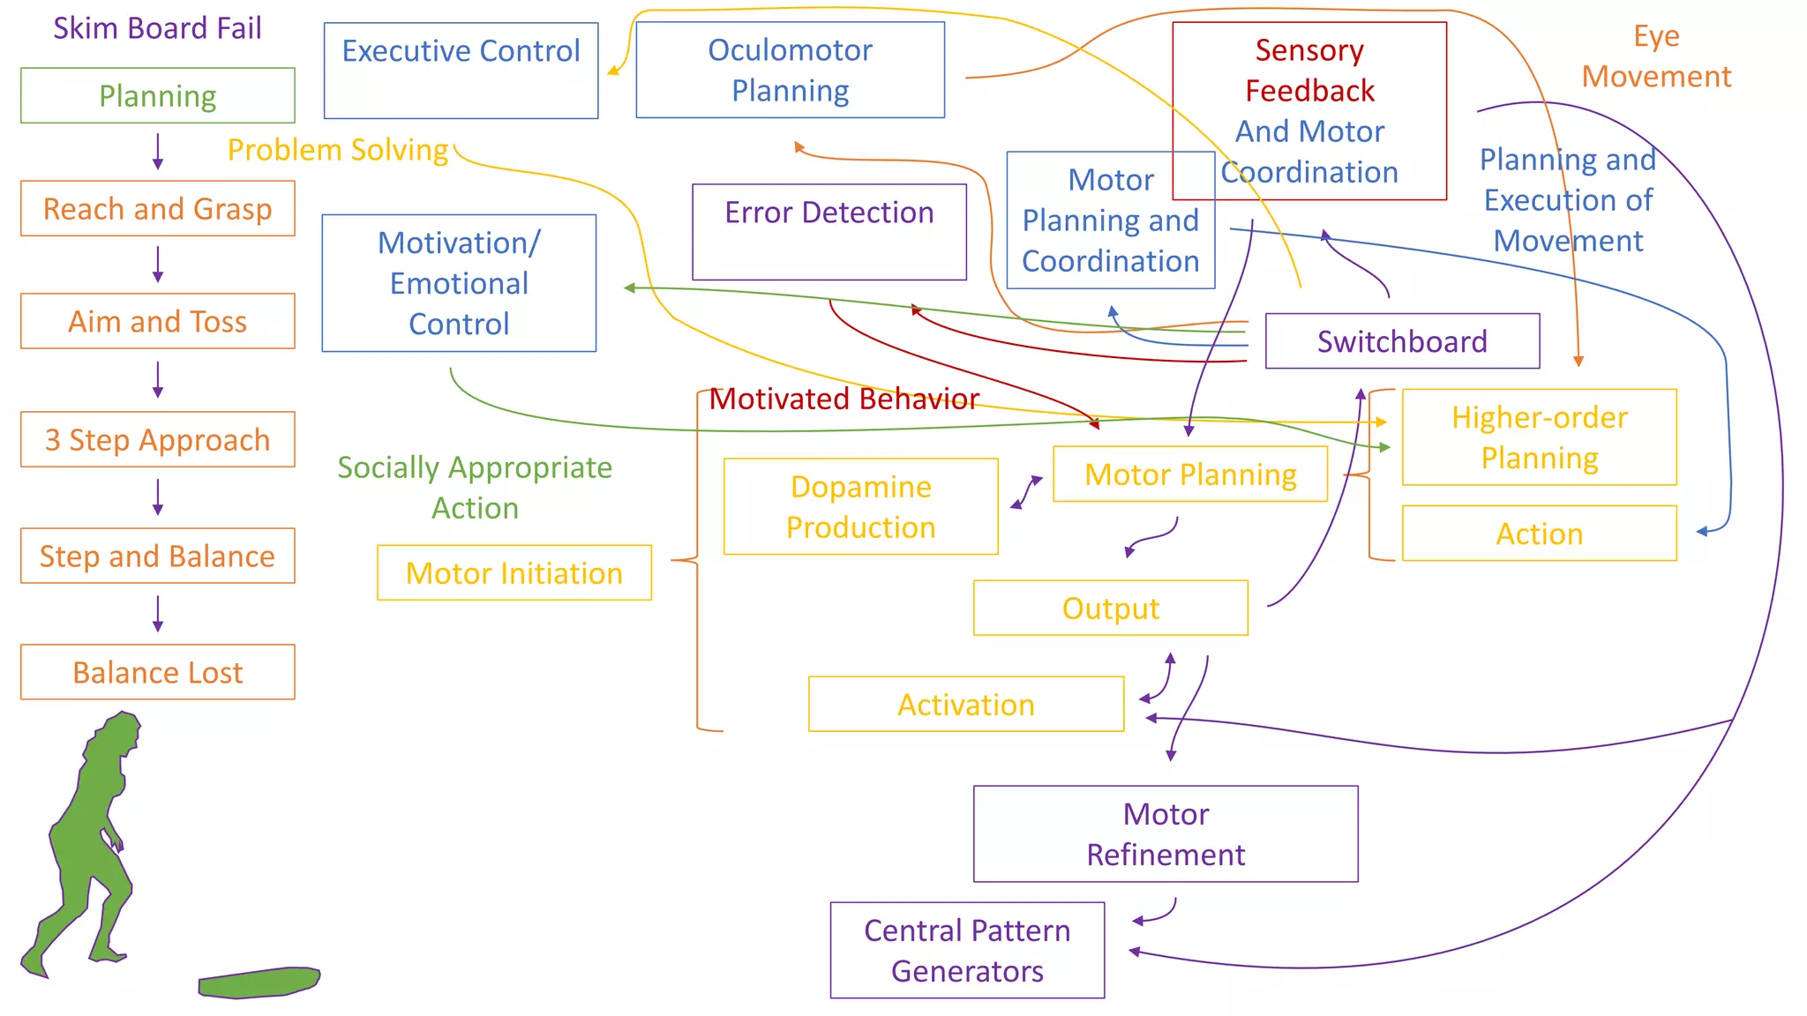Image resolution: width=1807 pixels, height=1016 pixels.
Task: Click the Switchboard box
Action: (1401, 341)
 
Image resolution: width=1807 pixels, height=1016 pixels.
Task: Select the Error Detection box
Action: (829, 231)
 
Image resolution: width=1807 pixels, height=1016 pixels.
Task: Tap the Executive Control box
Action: (461, 70)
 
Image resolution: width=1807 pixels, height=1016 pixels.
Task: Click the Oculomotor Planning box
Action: (790, 70)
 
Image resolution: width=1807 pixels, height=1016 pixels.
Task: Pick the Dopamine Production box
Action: (860, 506)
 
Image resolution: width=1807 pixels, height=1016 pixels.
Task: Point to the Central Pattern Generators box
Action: (967, 950)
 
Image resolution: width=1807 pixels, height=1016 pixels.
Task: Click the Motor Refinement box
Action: (1165, 833)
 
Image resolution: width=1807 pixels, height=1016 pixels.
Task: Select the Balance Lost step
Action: (157, 672)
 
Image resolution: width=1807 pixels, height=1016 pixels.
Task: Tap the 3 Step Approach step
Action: (157, 439)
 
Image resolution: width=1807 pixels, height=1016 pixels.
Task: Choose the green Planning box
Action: (157, 95)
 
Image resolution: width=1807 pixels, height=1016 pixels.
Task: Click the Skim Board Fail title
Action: (157, 28)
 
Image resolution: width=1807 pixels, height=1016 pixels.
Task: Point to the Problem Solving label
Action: (338, 150)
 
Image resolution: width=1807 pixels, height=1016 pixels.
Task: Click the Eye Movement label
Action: (1655, 56)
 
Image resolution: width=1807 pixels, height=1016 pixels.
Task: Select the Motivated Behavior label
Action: (844, 399)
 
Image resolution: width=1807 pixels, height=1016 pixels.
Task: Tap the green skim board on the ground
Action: (259, 982)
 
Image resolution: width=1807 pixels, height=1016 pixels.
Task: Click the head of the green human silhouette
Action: (119, 731)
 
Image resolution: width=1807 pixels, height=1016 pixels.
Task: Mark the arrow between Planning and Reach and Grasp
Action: (158, 152)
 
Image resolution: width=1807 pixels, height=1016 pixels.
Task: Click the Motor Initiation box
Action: (514, 573)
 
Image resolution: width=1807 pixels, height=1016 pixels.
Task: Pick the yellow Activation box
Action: (965, 705)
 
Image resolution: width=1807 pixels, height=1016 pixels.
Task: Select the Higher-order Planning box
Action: (1539, 437)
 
